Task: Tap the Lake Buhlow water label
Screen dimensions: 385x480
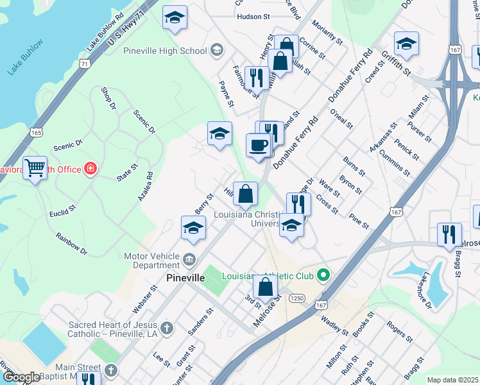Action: (x=25, y=57)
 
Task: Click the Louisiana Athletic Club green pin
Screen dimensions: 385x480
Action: (x=323, y=276)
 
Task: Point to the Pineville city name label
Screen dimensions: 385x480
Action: (x=185, y=278)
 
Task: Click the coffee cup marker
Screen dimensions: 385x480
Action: (x=259, y=146)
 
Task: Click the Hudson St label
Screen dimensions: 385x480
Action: (x=252, y=17)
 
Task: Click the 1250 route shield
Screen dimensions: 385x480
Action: (x=296, y=298)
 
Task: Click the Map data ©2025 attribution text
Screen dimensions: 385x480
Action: (x=452, y=380)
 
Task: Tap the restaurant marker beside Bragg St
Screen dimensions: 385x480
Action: (x=449, y=234)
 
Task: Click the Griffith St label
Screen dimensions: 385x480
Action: (x=396, y=63)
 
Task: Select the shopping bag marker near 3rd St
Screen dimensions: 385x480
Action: (x=266, y=287)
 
